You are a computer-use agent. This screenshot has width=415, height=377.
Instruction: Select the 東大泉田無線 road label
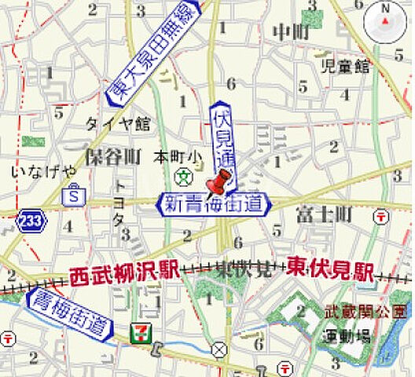[153, 53]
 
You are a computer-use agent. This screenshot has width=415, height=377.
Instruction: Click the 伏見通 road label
[222, 137]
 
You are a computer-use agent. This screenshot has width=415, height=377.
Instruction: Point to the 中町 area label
[290, 32]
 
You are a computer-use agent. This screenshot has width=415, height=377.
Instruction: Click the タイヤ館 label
[117, 123]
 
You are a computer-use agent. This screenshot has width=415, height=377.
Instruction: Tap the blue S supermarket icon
[74, 192]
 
